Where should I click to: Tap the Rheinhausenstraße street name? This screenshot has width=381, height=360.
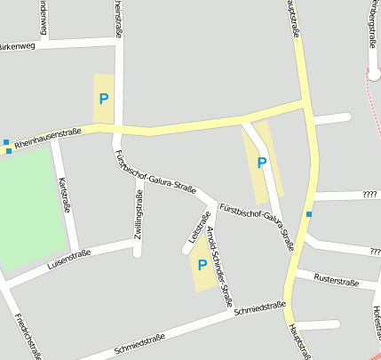pos(49,133)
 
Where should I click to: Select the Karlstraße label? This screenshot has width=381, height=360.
pos(63,194)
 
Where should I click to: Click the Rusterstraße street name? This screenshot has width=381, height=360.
pos(337,283)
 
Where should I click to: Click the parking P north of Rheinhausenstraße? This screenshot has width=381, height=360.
pos(104,98)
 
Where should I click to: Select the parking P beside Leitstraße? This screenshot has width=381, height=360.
pos(202,264)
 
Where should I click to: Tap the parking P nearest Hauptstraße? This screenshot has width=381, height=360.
pos(261,163)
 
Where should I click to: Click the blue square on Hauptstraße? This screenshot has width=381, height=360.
pos(309,214)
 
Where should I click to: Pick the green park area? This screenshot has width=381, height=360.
pos(31,209)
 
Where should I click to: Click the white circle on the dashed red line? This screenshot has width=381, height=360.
pos(374,76)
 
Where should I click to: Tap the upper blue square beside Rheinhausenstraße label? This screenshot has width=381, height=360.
pos(6,141)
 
